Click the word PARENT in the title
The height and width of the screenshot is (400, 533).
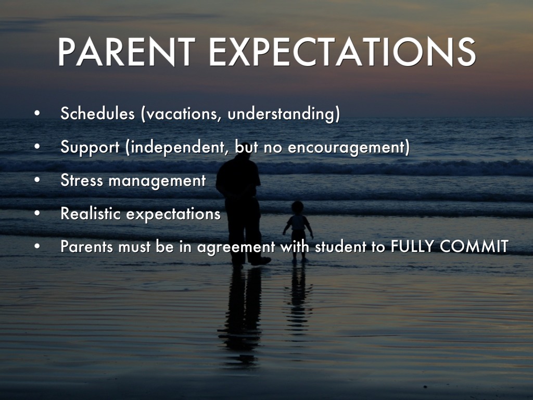(x=126, y=52)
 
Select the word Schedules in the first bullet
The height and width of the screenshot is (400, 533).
(x=97, y=113)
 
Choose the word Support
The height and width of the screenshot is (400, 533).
(x=90, y=147)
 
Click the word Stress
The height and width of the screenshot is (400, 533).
(x=82, y=180)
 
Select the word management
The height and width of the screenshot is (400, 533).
(x=157, y=181)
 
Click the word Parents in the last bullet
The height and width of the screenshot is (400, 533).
(x=87, y=246)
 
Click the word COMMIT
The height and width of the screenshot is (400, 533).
(x=474, y=246)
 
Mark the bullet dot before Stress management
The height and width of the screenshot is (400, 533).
(x=37, y=180)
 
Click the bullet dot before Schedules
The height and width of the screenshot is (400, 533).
(x=37, y=113)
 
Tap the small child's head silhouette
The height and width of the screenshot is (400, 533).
(x=297, y=207)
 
